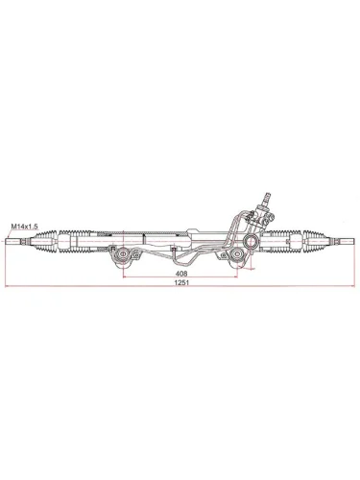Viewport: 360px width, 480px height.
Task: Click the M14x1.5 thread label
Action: click(x=24, y=227)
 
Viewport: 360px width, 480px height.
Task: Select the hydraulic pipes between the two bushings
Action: click(x=182, y=252)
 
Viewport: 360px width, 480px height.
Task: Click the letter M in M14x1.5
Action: click(x=12, y=227)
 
